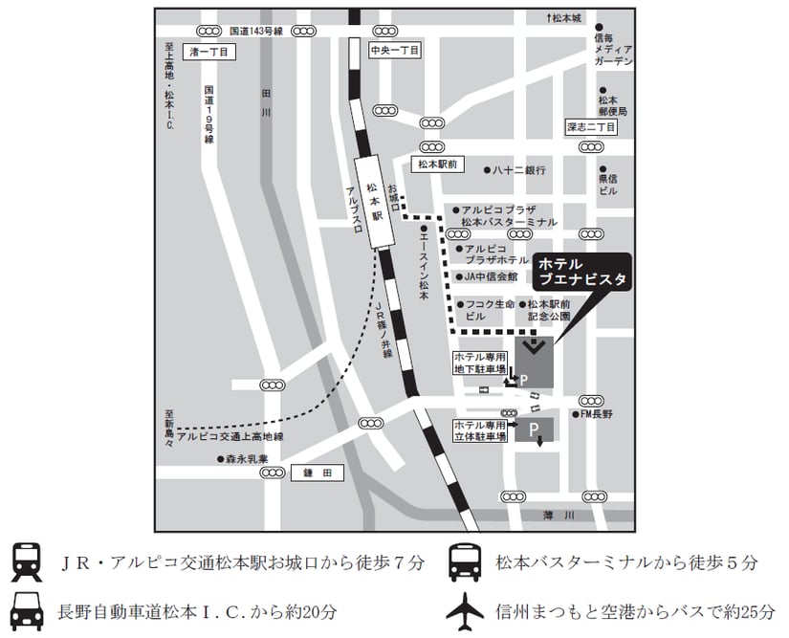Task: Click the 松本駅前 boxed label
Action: pyautogui.click(x=436, y=165)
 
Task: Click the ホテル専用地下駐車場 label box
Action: pyautogui.click(x=480, y=363)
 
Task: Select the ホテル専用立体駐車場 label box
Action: pyautogui.click(x=480, y=431)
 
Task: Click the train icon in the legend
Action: pyautogui.click(x=25, y=562)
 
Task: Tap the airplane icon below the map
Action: pyautogui.click(x=465, y=609)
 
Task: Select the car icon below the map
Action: pyautogui.click(x=25, y=609)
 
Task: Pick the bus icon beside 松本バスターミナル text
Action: pyautogui.click(x=465, y=562)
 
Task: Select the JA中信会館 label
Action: pyautogui.click(x=490, y=277)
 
